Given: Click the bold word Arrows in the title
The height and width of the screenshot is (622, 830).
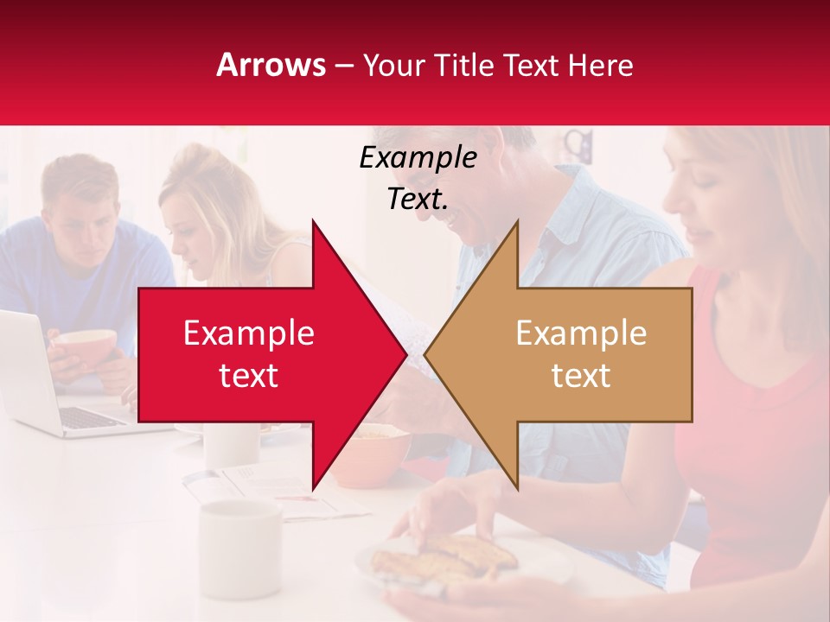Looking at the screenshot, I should [271, 65].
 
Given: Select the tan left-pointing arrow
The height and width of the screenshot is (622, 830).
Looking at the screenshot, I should [571, 354].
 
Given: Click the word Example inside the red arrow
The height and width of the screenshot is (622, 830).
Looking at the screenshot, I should [249, 333].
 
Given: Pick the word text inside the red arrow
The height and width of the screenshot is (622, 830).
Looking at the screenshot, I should [249, 376].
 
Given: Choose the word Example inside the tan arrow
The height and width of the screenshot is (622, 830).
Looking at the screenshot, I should [581, 333].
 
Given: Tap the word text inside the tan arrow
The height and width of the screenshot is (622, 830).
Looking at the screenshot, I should [581, 376].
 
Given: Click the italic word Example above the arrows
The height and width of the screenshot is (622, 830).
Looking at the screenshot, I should [418, 158].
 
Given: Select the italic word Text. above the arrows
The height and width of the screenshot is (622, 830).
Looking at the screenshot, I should [418, 200].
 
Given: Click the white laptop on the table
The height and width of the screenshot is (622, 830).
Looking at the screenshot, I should [43, 380].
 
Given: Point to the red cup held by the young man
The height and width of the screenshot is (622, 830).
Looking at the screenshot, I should [86, 346].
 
